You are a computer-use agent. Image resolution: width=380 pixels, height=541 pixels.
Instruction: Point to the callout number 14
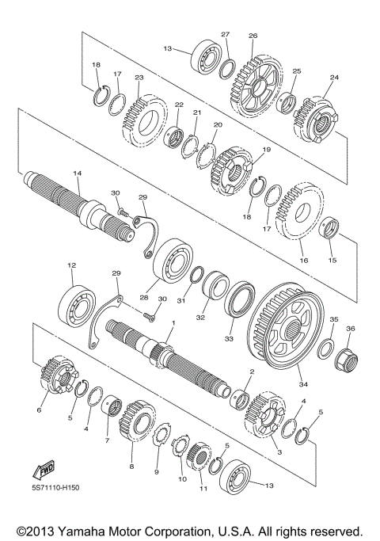coord(77,173)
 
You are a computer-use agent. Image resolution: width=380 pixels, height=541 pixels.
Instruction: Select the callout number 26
coord(253,36)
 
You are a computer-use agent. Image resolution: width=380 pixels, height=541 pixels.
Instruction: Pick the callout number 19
coord(266,149)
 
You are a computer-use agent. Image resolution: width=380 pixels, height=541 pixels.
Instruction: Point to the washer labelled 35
coord(325,348)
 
